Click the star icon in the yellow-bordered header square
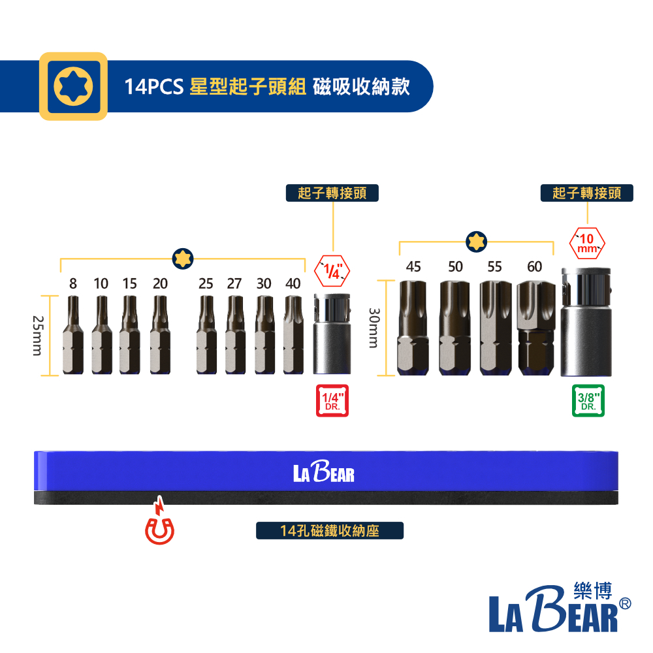73,86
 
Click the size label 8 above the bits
73,283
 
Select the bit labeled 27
235,335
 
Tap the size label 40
293,283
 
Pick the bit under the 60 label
536,328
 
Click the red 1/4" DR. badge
332,401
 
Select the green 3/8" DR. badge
588,401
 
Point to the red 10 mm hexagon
587,243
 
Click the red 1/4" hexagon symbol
332,271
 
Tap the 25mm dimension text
37,336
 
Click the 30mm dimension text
374,328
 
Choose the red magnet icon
159,520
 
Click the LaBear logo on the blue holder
324,471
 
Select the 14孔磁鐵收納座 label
329,530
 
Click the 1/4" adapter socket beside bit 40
332,334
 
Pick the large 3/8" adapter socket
586,322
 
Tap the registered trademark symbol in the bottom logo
625,603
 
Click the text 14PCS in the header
153,87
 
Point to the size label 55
495,266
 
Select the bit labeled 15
129,335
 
